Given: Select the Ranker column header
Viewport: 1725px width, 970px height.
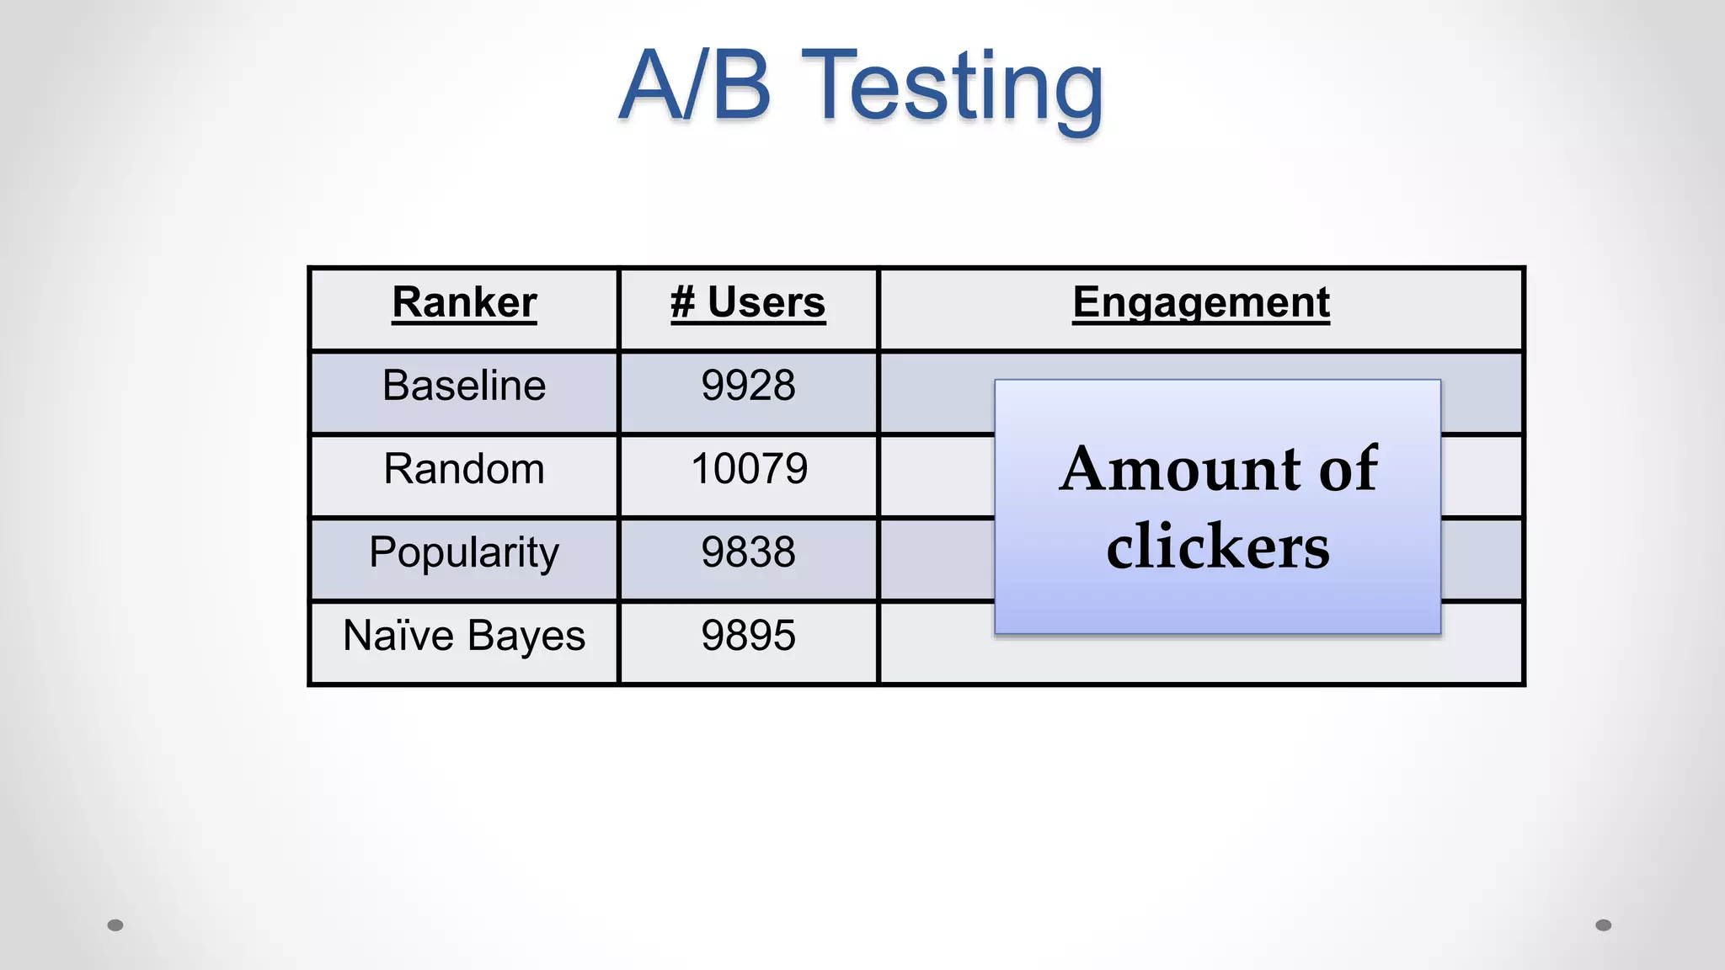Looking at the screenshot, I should tap(464, 303).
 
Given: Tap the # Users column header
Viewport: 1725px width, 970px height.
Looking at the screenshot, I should tap(748, 303).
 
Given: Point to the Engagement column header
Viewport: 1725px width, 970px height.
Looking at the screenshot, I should tap(1200, 303).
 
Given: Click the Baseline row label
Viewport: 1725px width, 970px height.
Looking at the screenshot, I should tap(464, 386).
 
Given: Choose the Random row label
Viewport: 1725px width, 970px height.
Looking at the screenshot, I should tap(464, 469).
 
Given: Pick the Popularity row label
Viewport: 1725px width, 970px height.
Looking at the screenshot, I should tap(464, 553).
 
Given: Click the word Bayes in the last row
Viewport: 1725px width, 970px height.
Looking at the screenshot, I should tap(526, 637).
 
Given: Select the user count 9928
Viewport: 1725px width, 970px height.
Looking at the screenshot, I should tap(748, 386).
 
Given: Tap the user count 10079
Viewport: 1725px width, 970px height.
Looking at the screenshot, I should tap(749, 469).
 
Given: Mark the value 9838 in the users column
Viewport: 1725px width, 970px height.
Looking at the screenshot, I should tap(748, 552).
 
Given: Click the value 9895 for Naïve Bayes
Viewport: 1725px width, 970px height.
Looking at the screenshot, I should tap(748, 636).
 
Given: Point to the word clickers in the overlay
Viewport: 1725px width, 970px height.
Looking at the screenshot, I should tap(1218, 547).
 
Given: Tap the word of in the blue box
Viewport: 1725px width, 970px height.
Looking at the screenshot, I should tap(1348, 469).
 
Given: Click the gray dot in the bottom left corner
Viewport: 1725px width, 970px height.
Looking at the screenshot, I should tap(115, 925).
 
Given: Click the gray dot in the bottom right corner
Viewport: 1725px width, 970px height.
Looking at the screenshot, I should tap(1604, 925).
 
